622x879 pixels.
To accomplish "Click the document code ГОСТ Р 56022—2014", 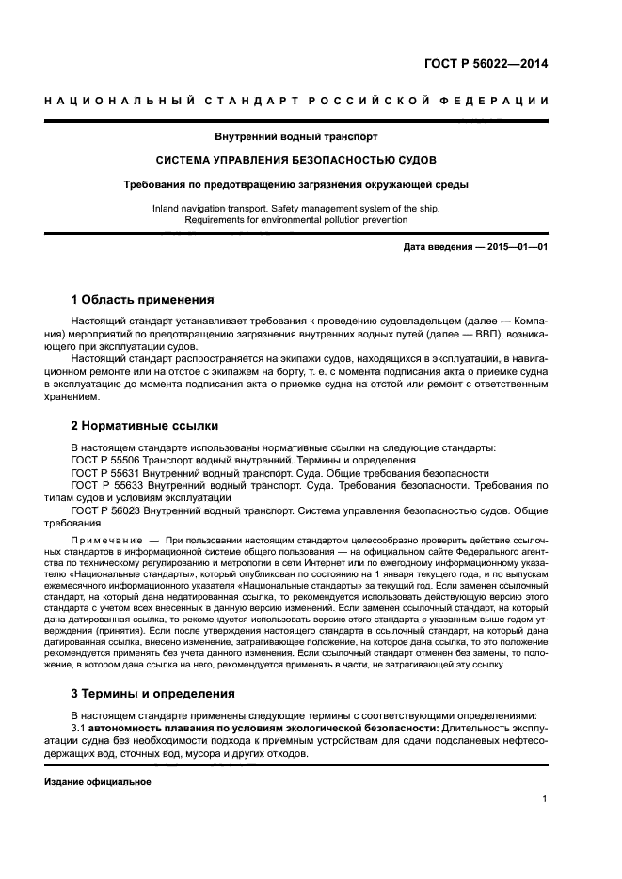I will coord(488,65).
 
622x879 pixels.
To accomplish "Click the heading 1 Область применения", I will coord(143,300).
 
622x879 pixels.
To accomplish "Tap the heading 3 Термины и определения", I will coord(153,694).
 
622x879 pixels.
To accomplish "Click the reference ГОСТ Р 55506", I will coord(104,460).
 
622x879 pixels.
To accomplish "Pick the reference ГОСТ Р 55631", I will coord(104,473).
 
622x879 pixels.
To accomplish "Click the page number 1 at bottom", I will coord(545,799).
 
